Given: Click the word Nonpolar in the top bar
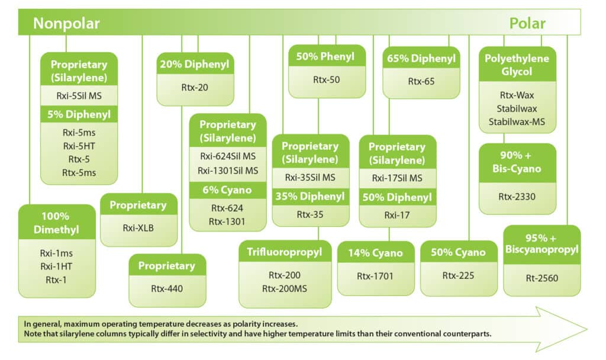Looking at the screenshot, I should click(66, 23).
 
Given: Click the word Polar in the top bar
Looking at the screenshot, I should click(527, 23).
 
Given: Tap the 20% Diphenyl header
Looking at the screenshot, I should click(195, 64).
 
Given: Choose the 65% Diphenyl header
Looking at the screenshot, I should click(421, 59).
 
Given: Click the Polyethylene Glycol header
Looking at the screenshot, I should click(517, 65).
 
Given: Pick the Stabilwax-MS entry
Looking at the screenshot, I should click(517, 122).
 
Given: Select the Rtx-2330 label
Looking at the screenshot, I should click(517, 196).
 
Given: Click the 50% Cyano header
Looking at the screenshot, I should click(459, 253).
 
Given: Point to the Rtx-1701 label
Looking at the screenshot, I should click(375, 275).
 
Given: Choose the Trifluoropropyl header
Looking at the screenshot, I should click(284, 252).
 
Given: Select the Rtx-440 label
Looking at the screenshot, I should click(167, 288).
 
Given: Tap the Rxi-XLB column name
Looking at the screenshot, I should click(138, 227).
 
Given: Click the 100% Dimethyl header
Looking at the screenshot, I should click(57, 222).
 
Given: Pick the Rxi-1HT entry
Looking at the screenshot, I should click(57, 265).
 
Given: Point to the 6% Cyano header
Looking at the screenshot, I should click(228, 190).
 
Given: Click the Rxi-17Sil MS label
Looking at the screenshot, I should click(397, 178).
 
